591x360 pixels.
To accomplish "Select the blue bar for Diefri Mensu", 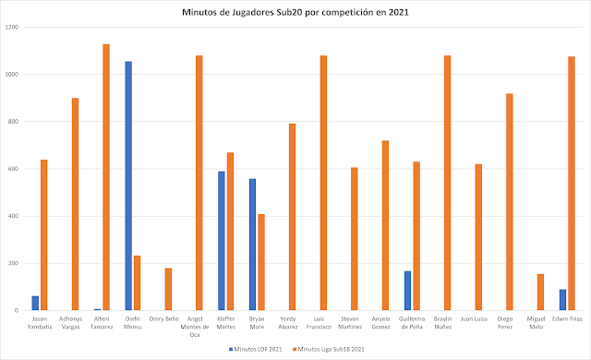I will click(128, 186).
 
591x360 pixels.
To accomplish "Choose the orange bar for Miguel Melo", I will click(540, 292).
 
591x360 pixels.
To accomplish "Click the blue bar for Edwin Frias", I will click(562, 300).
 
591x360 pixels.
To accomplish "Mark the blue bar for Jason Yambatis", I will click(35, 303).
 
